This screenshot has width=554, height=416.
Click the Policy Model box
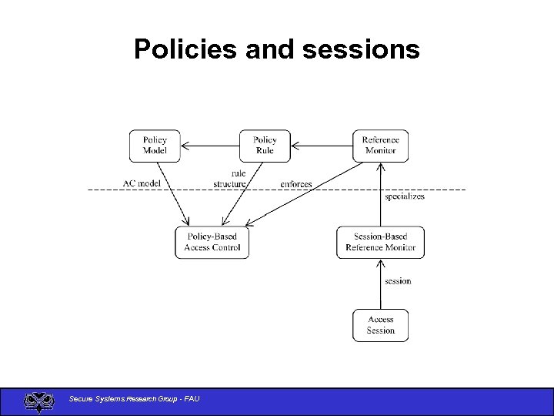155,146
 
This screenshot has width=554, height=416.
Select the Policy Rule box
265,146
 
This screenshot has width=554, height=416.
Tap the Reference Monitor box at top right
380,146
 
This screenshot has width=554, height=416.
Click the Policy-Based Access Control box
212,242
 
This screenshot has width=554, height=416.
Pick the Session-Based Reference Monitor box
380,242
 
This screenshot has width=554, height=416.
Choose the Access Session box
380,325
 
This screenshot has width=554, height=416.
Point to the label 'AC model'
142,183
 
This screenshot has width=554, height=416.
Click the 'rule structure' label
232,179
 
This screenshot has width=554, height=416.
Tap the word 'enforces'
296,184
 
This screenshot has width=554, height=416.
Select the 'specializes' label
405,196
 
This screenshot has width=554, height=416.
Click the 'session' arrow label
398,281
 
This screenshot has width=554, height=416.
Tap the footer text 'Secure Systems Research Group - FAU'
134,398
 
